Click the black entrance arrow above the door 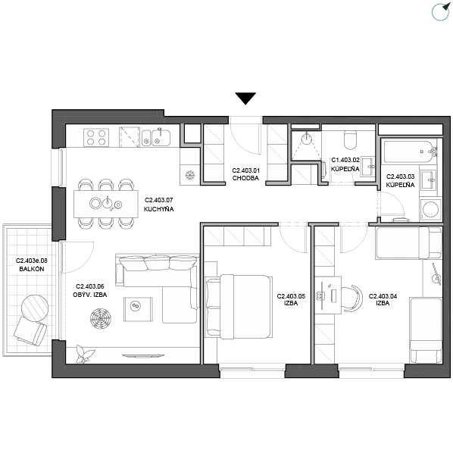(245, 98)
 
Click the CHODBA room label (245, 178)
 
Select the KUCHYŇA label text (158, 209)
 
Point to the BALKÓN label (32, 269)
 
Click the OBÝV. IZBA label (90, 295)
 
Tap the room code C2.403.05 (291, 296)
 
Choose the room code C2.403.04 (383, 296)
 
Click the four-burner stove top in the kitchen (96, 137)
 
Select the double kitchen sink (156, 137)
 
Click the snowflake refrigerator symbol (190, 175)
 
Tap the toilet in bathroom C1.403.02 (351, 139)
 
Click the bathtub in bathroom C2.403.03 (410, 152)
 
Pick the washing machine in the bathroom (430, 209)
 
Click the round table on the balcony (36, 308)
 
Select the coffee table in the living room (138, 309)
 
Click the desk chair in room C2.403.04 (352, 298)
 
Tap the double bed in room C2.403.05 (239, 307)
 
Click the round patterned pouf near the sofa (100, 319)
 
